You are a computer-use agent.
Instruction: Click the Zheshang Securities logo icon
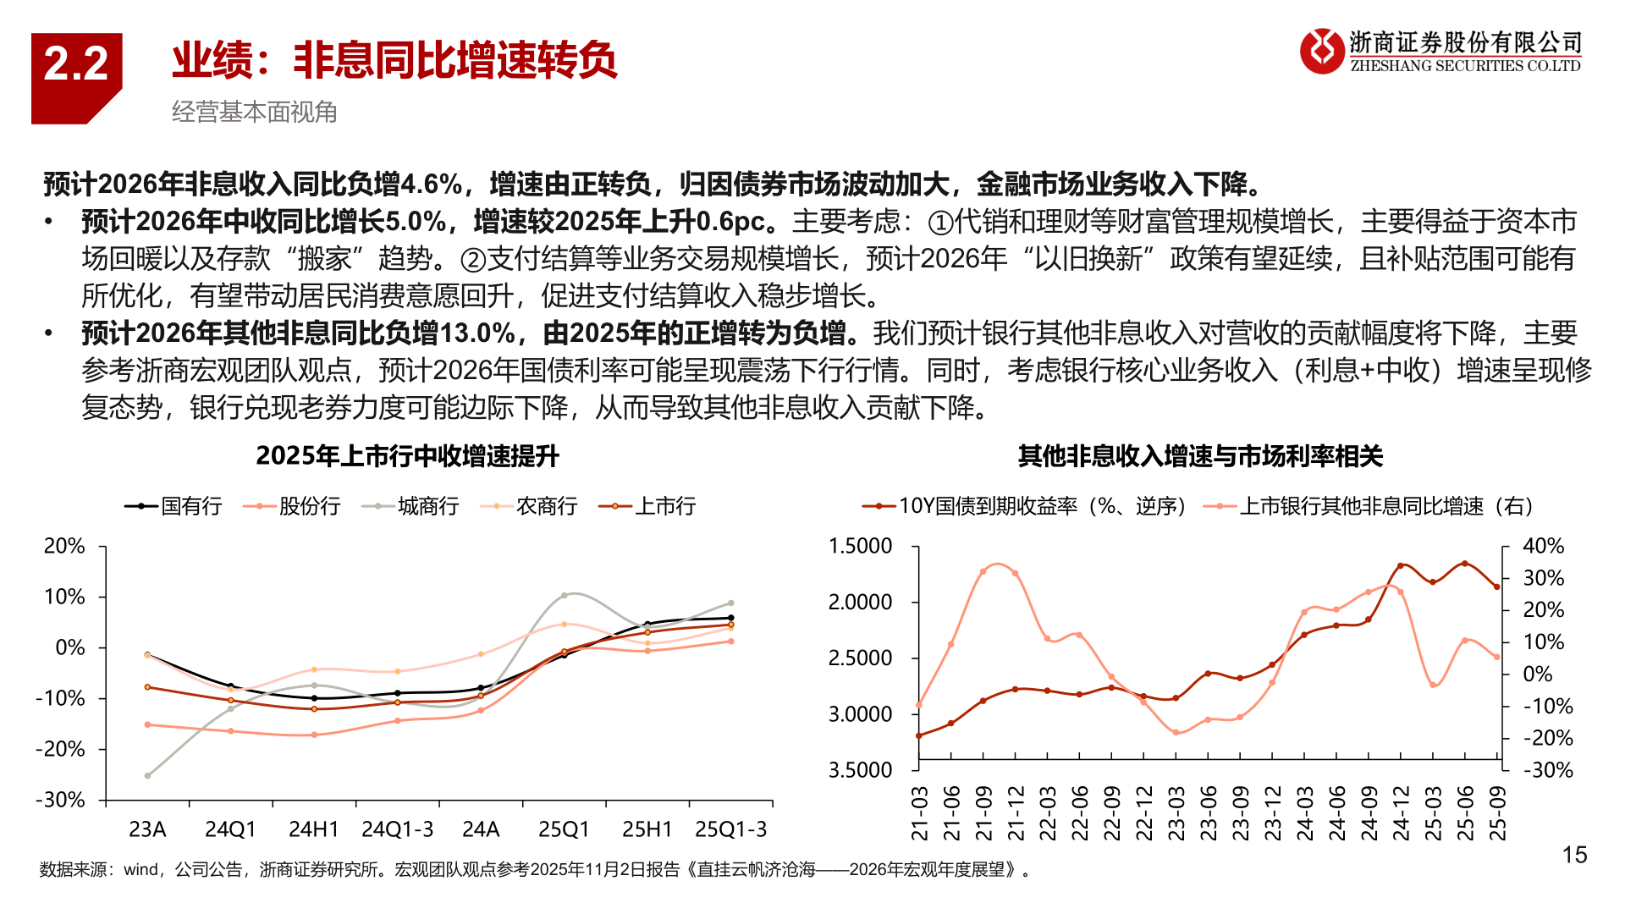tap(1321, 51)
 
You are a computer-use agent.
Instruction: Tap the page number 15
tap(1574, 855)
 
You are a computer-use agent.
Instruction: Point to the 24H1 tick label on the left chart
tap(313, 829)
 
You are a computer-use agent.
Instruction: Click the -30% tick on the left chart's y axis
tap(61, 800)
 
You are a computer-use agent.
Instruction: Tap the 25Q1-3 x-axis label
tap(730, 829)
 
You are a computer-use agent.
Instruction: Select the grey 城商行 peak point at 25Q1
tap(565, 596)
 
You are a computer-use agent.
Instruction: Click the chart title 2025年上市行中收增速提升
tap(407, 456)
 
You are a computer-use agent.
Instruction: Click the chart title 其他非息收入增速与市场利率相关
tap(1200, 456)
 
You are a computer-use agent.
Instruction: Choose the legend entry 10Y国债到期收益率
tap(1041, 506)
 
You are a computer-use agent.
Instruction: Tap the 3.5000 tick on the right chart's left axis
tap(860, 770)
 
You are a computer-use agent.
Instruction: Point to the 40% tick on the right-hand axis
tap(1543, 546)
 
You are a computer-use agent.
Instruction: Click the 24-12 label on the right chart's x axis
tap(1401, 813)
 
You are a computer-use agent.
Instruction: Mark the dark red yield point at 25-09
tap(1496, 586)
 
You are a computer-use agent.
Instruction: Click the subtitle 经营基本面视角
tap(254, 112)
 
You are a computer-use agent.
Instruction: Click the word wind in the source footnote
tap(140, 870)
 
